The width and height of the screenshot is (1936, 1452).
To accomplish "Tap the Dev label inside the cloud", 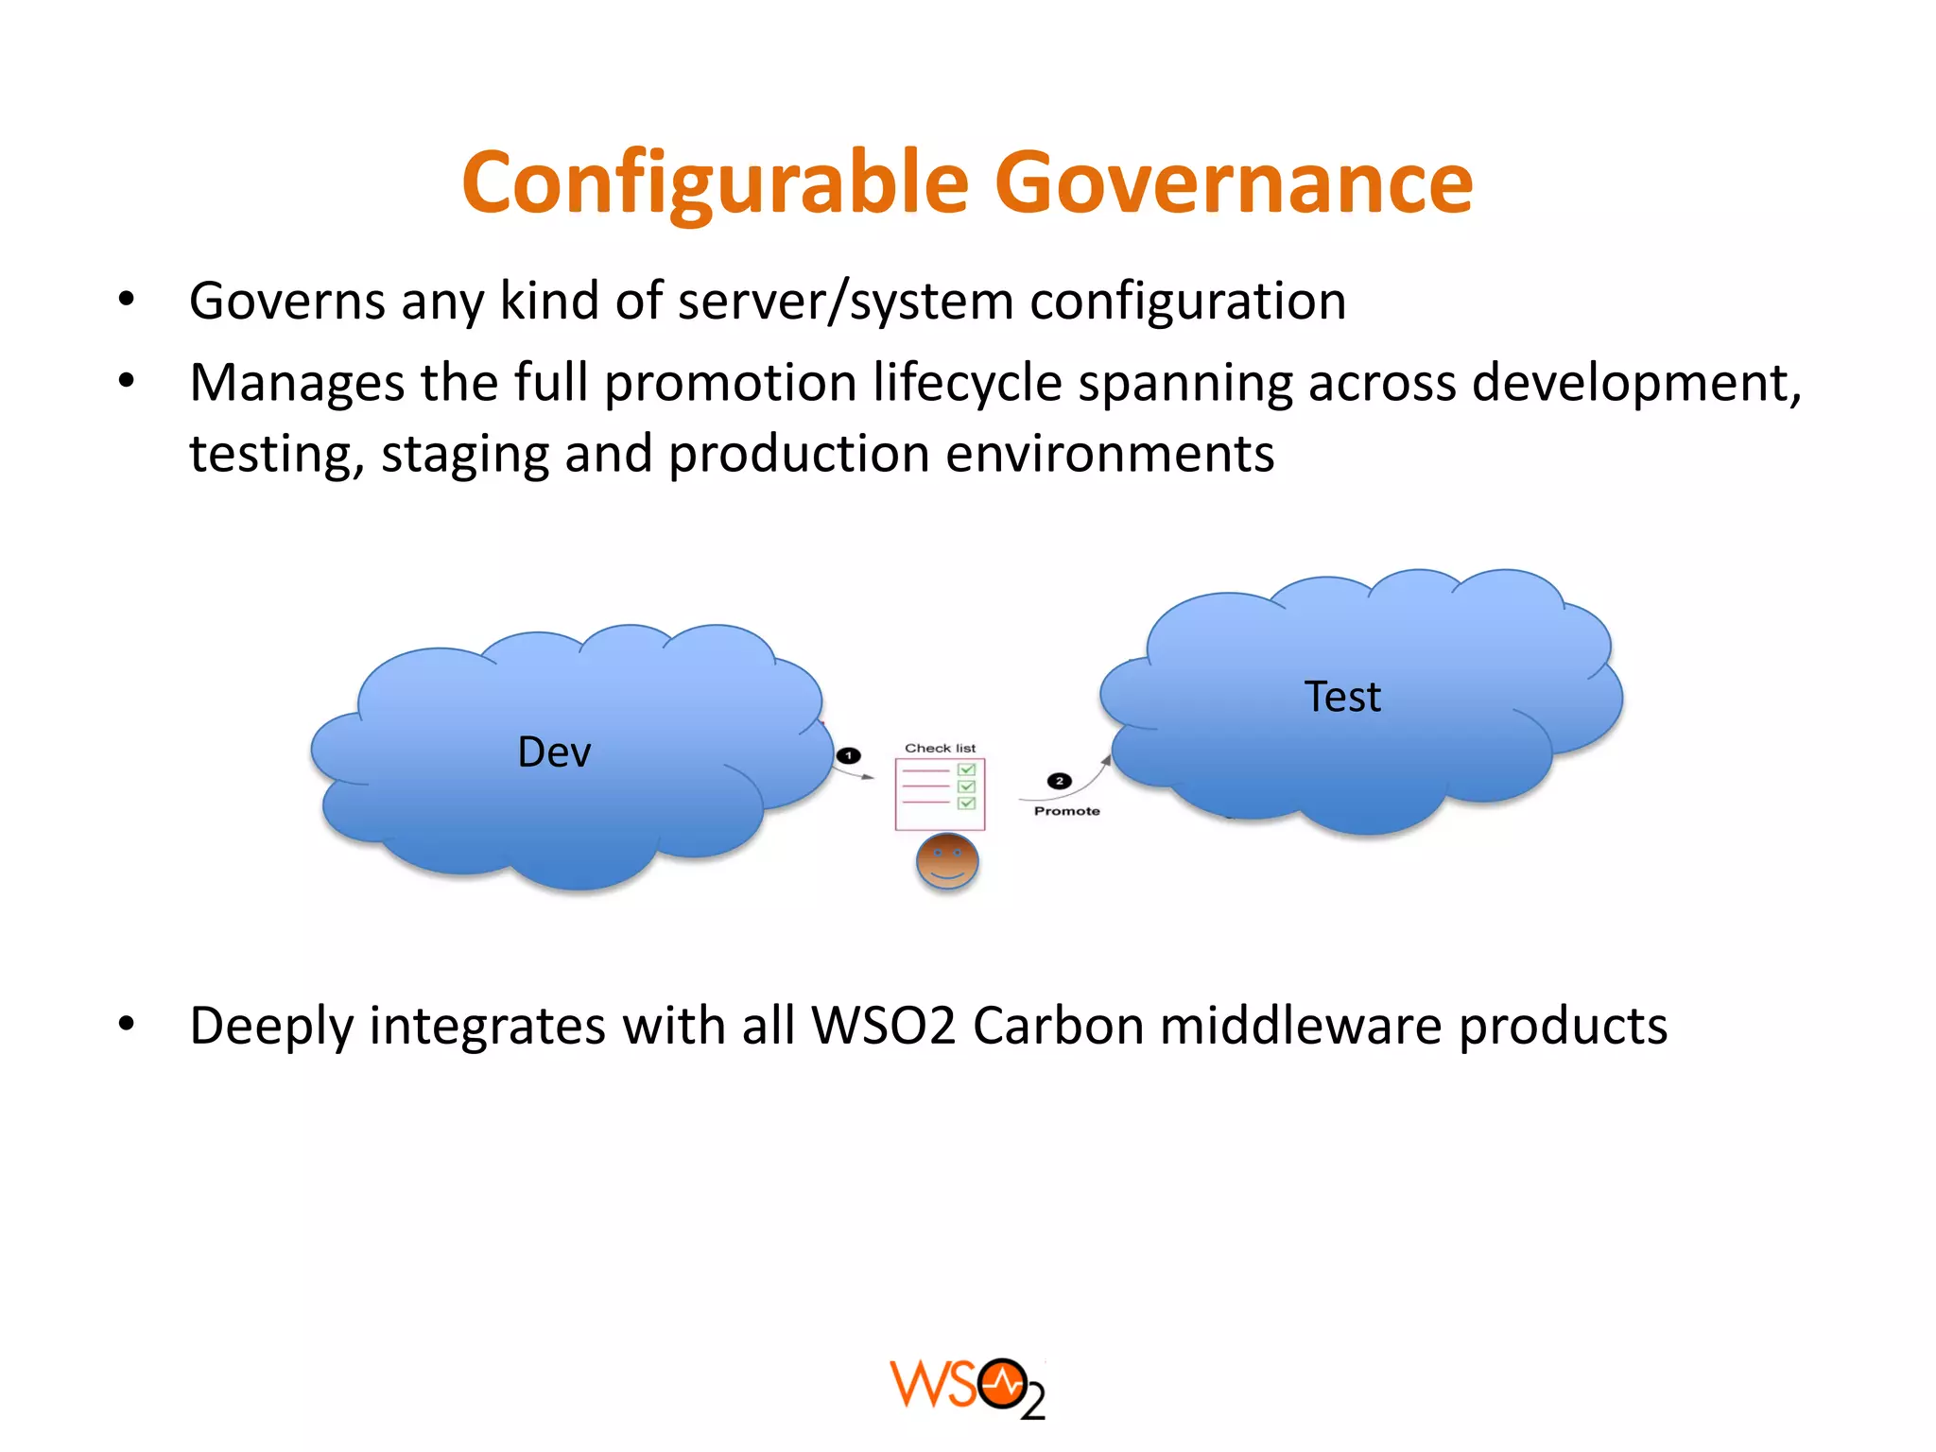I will click(x=554, y=752).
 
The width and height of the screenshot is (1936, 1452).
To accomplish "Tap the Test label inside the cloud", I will click(x=1342, y=697).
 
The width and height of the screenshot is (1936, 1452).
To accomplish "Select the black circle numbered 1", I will click(x=849, y=755).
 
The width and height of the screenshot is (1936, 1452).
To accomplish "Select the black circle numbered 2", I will click(x=1059, y=781).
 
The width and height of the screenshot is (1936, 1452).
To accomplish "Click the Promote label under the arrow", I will click(x=1066, y=811).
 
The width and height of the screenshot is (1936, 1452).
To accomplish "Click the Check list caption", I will click(x=940, y=748).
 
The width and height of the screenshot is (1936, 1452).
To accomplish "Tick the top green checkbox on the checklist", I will click(x=966, y=769).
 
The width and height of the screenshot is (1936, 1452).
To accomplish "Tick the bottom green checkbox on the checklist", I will click(x=966, y=804).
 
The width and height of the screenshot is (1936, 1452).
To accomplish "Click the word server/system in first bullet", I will click(x=846, y=302).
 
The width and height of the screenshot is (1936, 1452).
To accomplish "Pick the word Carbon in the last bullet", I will click(x=1058, y=1026).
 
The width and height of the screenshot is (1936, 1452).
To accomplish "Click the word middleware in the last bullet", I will click(x=1301, y=1026).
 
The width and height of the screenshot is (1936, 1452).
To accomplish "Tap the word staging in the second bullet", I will click(x=465, y=455).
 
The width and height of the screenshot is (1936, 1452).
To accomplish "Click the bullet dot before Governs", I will click(x=127, y=301).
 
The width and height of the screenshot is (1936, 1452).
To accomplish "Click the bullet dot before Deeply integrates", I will click(x=127, y=1025).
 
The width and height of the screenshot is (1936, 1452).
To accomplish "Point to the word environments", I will click(x=1109, y=455).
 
